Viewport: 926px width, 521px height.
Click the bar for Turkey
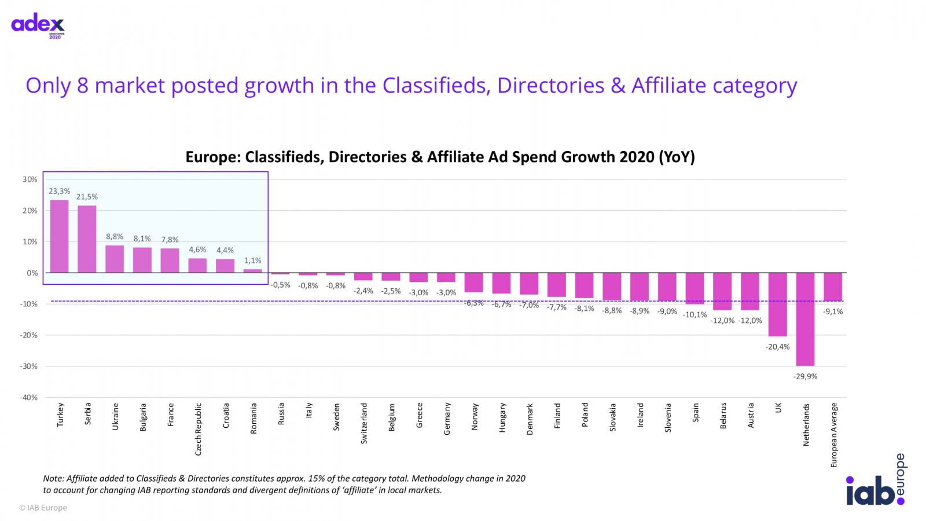point(60,236)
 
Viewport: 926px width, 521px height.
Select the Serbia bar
point(87,239)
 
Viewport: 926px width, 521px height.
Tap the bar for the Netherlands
point(805,319)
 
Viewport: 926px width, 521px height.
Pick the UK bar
point(777,304)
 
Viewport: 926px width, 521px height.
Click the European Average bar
point(833,287)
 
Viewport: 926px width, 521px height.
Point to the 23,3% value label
point(59,191)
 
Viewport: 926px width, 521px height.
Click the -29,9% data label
point(805,376)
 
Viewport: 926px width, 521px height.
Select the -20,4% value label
point(777,347)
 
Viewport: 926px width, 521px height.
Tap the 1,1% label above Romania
point(253,260)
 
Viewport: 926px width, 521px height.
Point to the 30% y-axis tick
point(30,179)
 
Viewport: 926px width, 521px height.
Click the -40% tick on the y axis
point(29,398)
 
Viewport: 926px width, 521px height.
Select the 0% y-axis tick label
point(32,273)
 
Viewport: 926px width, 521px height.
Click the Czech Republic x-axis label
point(198,429)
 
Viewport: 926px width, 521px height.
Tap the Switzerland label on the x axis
point(364,423)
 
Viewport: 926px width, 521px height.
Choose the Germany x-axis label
point(447,419)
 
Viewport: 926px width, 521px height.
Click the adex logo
point(38,25)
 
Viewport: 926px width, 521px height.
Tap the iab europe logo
point(875,481)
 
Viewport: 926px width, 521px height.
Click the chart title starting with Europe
point(440,157)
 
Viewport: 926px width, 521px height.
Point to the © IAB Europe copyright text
point(43,508)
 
